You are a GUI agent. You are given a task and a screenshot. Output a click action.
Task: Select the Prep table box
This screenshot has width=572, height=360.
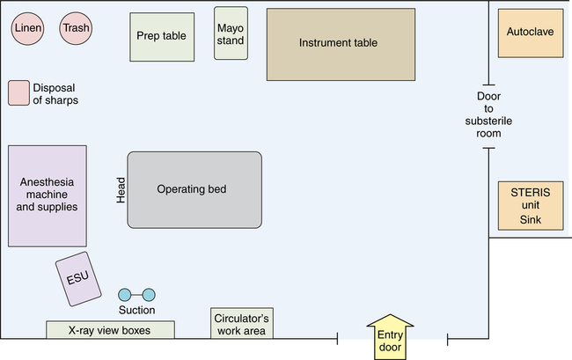[x=162, y=37]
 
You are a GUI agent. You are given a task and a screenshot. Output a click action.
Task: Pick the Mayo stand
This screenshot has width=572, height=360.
[x=231, y=33]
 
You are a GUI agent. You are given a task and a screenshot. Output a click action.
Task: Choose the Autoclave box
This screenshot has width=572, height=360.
[x=530, y=33]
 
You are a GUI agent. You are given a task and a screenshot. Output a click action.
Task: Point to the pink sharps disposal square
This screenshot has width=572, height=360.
[x=18, y=92]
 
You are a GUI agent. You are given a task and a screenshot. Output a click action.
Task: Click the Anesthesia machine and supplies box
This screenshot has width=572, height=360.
[x=48, y=195]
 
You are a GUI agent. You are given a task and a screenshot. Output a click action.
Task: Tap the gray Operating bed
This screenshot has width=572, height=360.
[x=194, y=189]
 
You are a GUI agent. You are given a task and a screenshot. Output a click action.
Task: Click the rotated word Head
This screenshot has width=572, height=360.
[x=121, y=189]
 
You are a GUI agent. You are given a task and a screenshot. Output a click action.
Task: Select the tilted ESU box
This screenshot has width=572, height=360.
[x=77, y=279]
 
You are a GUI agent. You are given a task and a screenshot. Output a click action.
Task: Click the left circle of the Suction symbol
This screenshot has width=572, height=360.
[x=124, y=294]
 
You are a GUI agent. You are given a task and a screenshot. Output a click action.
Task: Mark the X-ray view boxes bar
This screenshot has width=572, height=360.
[x=110, y=330]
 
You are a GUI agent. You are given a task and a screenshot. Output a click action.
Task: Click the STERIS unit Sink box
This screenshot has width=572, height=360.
[x=530, y=206]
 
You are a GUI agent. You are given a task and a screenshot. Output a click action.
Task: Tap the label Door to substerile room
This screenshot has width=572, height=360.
[x=488, y=114]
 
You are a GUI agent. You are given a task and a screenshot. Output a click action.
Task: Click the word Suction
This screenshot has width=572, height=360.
[x=136, y=310]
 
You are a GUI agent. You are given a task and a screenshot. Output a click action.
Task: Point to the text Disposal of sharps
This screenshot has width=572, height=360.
[x=55, y=93]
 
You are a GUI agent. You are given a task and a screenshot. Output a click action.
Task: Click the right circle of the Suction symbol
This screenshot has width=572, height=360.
[x=149, y=294]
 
